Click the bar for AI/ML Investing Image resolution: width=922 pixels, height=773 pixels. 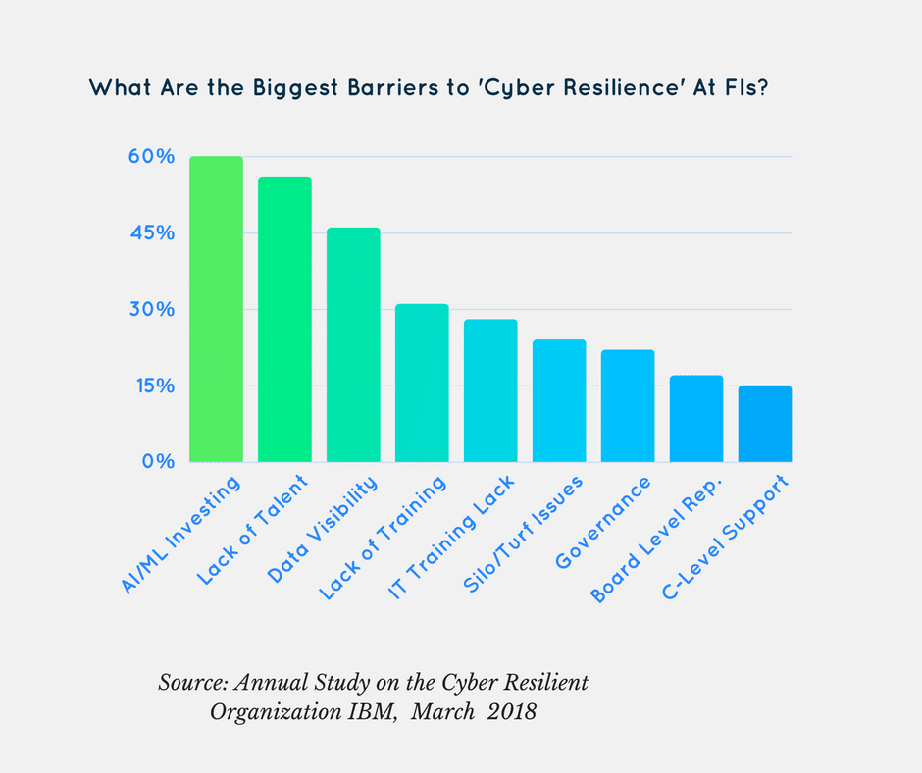coord(216,309)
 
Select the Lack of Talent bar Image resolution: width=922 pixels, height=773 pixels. coord(284,319)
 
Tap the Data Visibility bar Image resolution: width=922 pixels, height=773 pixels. coord(353,344)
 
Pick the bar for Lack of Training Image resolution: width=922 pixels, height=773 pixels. coord(422,383)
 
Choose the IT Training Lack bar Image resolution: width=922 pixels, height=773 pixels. coord(490,390)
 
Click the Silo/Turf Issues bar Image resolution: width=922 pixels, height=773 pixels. coord(559,400)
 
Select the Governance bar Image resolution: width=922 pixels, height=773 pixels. coord(628,405)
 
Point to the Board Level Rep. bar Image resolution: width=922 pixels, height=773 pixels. coord(696,418)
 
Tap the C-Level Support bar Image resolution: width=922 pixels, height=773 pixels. coord(765,423)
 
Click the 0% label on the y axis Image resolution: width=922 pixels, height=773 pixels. coord(158,462)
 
